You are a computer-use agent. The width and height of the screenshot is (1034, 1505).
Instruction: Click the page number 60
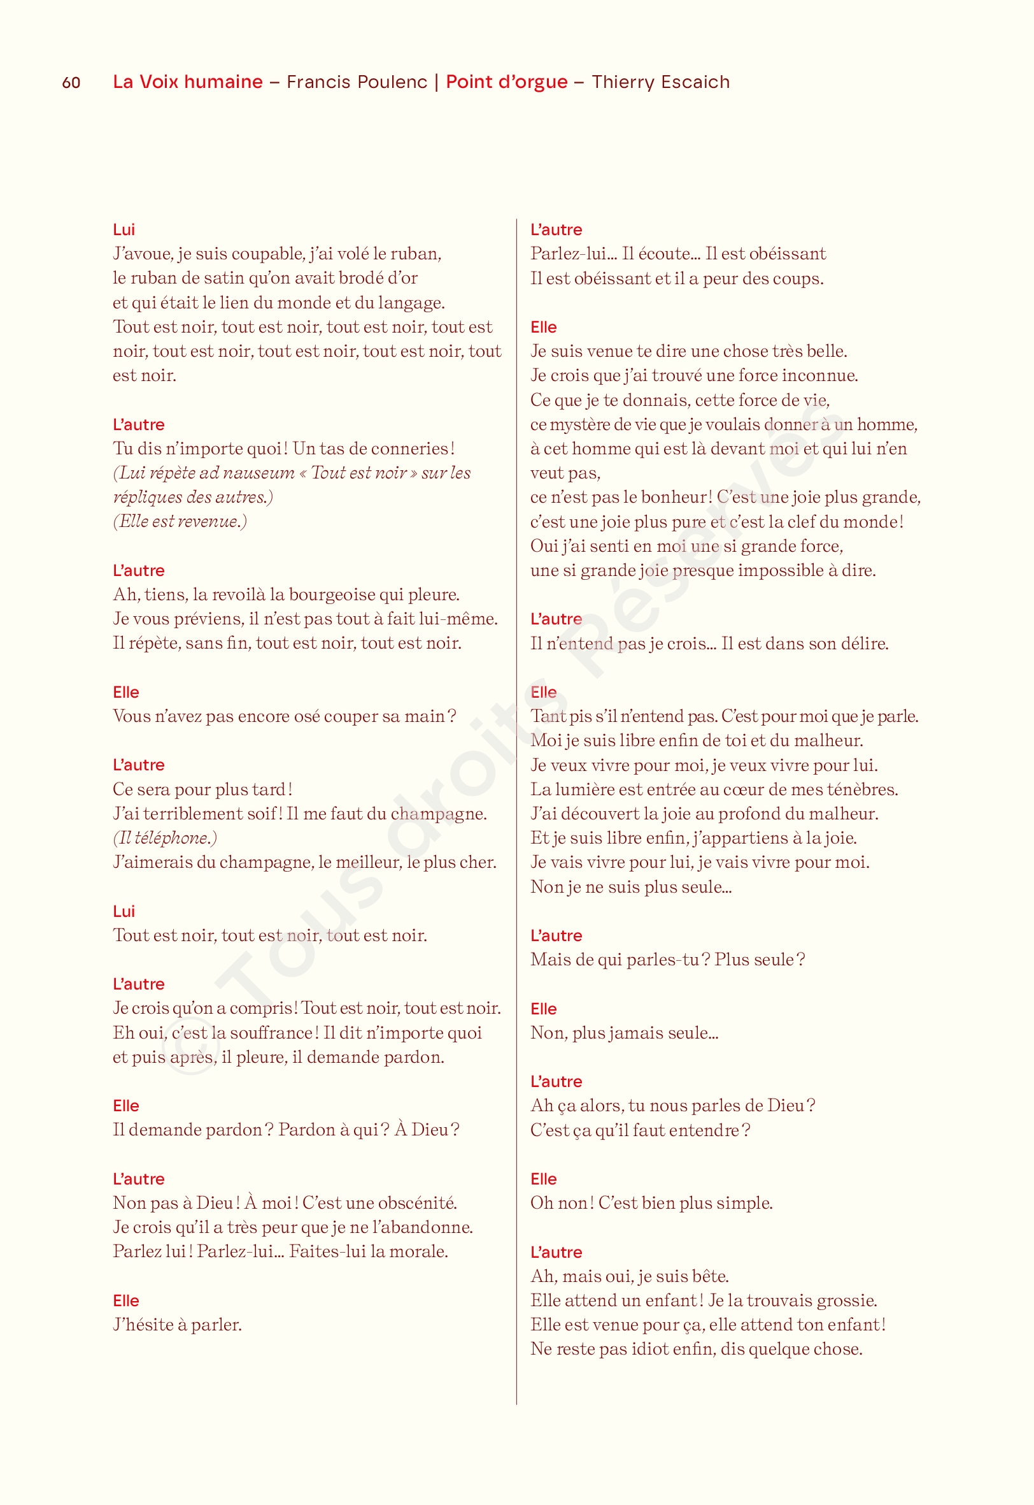tap(71, 82)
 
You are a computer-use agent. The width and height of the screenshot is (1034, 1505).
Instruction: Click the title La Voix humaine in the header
tap(188, 82)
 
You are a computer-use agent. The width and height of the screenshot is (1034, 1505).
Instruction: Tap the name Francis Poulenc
tap(357, 82)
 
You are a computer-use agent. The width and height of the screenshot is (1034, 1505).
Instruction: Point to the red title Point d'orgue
tap(507, 82)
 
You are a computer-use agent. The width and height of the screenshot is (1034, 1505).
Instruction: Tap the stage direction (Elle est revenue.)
tap(180, 521)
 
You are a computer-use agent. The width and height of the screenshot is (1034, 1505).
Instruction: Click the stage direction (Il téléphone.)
tap(165, 838)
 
